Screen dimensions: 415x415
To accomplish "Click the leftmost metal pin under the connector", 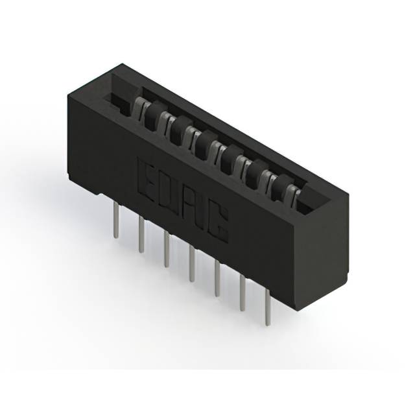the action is pos(115,219).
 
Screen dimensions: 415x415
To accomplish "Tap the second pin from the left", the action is pos(141,235).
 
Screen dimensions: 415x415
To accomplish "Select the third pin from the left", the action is pos(166,249).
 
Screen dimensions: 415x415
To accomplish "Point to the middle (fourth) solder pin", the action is pos(192,263).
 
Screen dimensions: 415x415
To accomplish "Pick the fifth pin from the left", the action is pos(217,278).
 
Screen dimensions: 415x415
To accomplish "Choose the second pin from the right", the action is pos(243,292).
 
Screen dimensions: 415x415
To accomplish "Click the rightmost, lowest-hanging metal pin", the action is pos(268,307).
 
